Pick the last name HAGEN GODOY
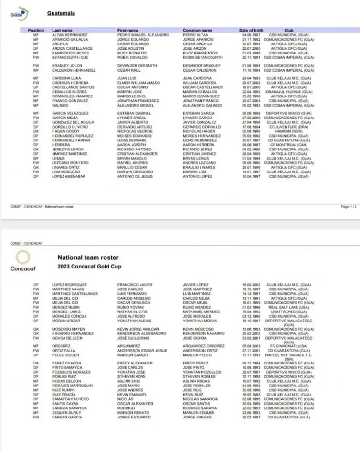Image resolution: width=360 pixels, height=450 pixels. (66, 130)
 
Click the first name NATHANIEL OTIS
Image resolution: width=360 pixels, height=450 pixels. (132, 311)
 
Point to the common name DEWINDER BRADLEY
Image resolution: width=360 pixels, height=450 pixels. (201, 65)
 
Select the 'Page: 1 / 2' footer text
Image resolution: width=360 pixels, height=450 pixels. (348, 207)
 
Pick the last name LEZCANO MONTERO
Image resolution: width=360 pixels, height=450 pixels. (69, 161)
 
